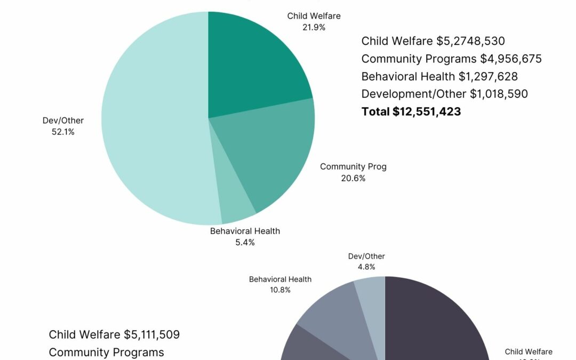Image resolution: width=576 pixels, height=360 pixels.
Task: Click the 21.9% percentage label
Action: (314, 27)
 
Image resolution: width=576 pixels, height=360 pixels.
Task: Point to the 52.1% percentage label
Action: (63, 132)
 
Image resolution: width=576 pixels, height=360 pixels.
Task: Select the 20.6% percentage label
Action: (353, 178)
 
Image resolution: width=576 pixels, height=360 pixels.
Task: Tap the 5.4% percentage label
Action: (245, 242)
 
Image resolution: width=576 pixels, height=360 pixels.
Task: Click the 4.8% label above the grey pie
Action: (366, 267)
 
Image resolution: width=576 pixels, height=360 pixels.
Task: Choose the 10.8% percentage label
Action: (280, 290)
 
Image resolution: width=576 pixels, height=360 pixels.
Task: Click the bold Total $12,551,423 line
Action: (411, 111)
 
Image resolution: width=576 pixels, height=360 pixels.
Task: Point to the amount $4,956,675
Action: (511, 59)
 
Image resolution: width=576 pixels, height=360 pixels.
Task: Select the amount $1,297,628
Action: (488, 76)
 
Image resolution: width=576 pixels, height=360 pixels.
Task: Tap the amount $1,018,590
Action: (499, 94)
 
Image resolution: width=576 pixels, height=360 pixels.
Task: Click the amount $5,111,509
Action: (151, 334)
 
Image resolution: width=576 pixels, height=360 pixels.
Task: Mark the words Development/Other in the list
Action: (414, 94)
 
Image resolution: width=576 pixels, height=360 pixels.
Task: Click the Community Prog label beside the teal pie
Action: (353, 166)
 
